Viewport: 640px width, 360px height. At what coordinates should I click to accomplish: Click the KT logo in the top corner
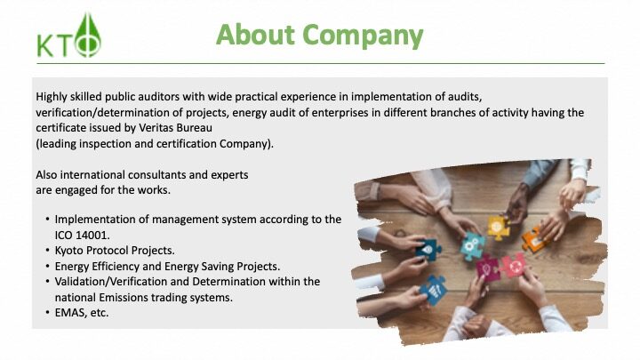click(x=68, y=36)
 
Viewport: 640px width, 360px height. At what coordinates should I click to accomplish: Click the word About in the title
click(x=255, y=35)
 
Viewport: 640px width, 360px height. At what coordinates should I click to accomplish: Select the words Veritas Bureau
click(x=175, y=128)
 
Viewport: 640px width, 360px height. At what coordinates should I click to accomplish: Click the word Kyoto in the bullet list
click(x=69, y=250)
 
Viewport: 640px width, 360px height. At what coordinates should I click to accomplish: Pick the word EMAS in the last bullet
click(x=68, y=313)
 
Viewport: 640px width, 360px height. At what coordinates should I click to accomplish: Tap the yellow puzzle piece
click(x=498, y=227)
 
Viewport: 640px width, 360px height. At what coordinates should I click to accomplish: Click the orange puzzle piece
click(x=535, y=240)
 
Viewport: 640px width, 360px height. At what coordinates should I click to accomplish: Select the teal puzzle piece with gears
click(x=473, y=245)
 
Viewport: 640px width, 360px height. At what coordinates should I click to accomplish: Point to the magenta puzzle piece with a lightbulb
click(x=488, y=268)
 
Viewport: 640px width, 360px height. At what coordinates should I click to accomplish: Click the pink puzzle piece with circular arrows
click(x=514, y=265)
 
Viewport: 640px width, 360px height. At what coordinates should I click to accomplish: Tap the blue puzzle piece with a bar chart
click(x=434, y=289)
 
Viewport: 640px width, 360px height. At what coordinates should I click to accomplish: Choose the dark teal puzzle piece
click(x=428, y=249)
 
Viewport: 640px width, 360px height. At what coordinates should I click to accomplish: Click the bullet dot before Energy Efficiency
click(x=47, y=266)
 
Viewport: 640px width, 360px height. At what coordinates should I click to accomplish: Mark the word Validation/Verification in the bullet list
click(x=111, y=282)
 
